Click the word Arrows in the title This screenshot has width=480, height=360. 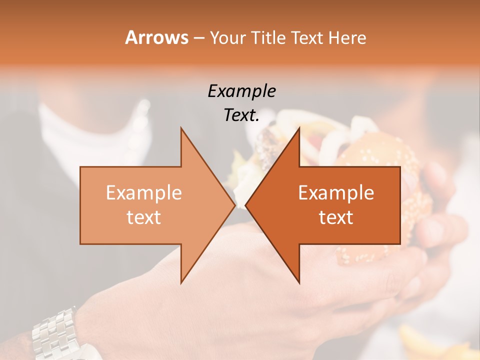click(x=157, y=37)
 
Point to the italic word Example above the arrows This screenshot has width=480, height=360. click(x=241, y=91)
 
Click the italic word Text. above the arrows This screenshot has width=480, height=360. click(x=241, y=115)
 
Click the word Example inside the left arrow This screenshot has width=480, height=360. click(x=144, y=193)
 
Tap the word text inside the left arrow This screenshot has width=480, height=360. click(x=144, y=217)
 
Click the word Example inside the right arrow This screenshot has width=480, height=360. click(x=336, y=193)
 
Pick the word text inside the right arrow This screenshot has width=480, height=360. click(x=336, y=217)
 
